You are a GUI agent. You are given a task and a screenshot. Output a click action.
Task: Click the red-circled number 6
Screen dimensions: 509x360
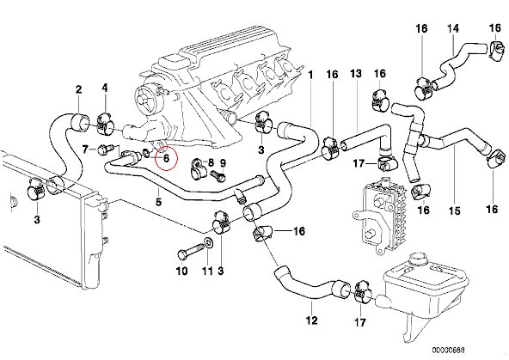coord(166,158)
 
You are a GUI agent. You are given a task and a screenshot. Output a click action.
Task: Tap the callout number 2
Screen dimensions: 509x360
coord(79,89)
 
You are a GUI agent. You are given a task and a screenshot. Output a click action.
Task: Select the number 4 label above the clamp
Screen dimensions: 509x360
coord(105,88)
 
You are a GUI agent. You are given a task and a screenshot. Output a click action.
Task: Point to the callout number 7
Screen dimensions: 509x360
coord(85,149)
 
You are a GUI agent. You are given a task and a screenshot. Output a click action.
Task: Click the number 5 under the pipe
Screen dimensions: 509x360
coord(158,202)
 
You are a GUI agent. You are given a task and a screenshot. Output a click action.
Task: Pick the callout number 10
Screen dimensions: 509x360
coord(182,271)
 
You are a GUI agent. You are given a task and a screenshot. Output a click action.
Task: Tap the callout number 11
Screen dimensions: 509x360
coord(207,271)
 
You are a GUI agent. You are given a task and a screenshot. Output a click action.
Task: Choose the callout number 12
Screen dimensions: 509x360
coord(311,320)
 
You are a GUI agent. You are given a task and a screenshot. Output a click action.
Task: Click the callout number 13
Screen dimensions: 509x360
coord(356,73)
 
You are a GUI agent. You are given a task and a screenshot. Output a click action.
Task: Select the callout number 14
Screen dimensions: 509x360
coord(453,28)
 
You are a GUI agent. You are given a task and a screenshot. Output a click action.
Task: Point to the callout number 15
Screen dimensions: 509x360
coord(455,211)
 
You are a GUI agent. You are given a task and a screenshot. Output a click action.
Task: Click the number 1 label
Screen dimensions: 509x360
coord(310,76)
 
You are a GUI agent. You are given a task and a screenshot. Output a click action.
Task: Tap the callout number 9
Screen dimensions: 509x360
coord(223,162)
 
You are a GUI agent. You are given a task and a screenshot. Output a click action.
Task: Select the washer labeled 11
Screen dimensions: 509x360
coord(208,242)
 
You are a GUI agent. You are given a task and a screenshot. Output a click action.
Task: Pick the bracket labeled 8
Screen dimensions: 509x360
coord(197,168)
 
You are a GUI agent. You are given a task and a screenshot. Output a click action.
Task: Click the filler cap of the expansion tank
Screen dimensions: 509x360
coord(419,259)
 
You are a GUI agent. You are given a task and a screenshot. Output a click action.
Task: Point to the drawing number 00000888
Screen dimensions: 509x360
coord(448,351)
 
